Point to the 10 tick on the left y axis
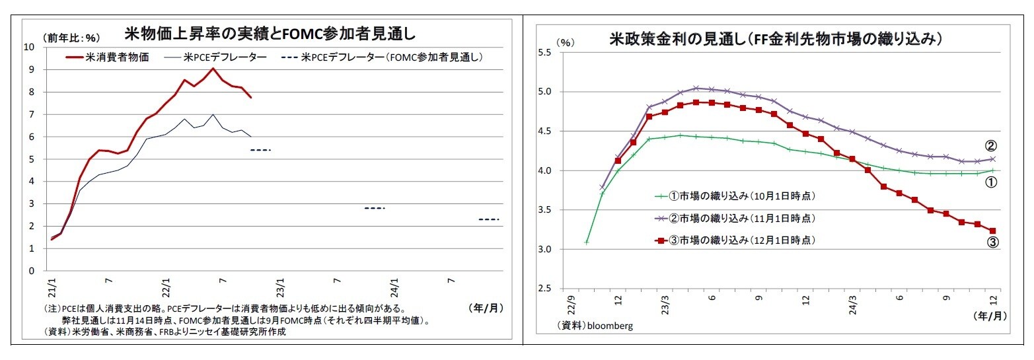pos(30,47)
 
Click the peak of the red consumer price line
pos(212,68)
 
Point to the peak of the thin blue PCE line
pos(212,115)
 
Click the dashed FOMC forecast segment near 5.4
pos(260,150)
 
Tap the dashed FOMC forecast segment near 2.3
pos(488,219)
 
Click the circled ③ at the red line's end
pos(992,243)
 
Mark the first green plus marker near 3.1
pos(586,242)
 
